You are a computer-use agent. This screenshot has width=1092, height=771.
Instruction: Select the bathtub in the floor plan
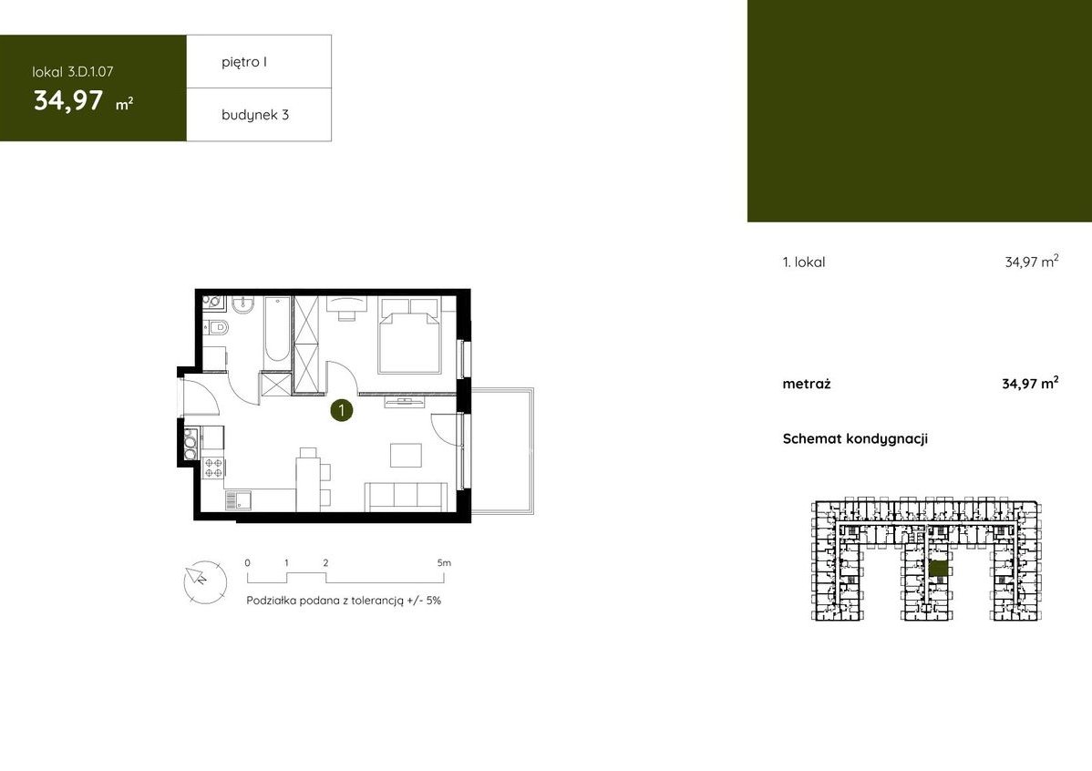click(276, 331)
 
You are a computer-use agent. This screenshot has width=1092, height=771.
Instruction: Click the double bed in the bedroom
click(409, 334)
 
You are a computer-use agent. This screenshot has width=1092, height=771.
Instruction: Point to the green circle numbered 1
click(341, 410)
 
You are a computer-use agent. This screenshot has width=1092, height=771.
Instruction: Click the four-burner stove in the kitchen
click(214, 468)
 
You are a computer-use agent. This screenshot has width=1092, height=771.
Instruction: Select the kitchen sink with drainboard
click(239, 500)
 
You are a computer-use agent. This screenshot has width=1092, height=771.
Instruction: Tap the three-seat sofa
click(407, 497)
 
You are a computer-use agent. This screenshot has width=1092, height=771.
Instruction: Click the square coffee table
click(406, 455)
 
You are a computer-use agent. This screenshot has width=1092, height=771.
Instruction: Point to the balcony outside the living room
click(502, 451)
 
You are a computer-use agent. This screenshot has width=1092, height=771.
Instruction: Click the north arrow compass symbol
click(205, 581)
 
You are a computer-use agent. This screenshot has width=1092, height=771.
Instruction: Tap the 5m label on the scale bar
click(444, 562)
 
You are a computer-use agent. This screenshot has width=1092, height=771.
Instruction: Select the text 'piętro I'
click(244, 62)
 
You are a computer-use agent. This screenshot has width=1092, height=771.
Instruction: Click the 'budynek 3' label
click(255, 115)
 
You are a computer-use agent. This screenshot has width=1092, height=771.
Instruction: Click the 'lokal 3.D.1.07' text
click(73, 72)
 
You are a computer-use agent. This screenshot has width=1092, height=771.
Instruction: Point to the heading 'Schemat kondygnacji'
click(855, 438)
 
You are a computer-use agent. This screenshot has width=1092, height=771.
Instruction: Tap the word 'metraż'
click(807, 384)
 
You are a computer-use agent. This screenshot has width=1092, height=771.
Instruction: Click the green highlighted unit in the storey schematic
click(939, 569)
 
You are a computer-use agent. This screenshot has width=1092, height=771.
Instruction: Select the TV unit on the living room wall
click(403, 400)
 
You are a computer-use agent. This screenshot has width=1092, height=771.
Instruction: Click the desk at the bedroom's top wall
click(346, 304)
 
